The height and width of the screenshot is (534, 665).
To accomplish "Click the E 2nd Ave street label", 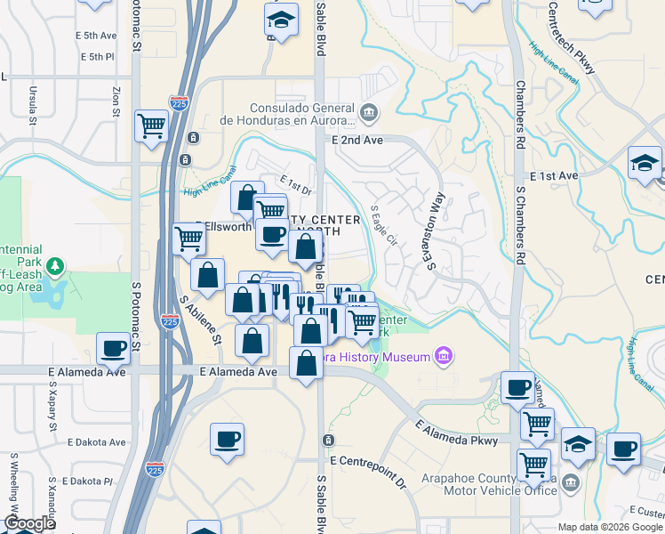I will click(357, 141).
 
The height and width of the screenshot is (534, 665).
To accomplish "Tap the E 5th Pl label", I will click(97, 56).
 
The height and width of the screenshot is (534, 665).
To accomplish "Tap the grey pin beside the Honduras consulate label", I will click(370, 113).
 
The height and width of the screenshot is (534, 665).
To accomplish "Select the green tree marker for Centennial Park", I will click(55, 266).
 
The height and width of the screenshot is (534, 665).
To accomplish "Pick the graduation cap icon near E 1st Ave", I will click(644, 163).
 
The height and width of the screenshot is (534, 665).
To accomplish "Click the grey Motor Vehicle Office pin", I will click(571, 483).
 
